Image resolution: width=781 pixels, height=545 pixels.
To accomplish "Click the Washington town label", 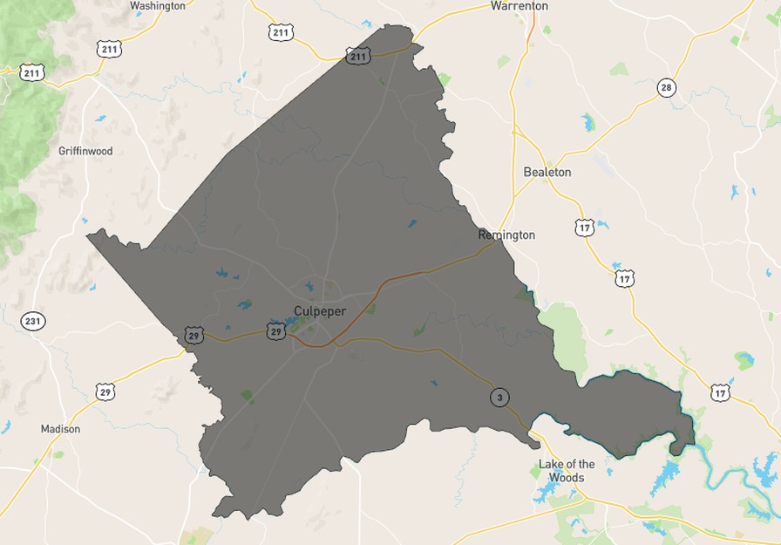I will [158, 6].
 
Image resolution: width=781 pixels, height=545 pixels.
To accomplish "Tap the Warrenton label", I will [520, 6].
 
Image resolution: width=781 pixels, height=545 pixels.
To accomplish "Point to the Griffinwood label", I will [85, 151].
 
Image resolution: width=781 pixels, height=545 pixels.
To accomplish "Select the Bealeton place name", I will [547, 172].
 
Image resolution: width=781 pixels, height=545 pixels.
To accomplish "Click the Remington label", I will [506, 235].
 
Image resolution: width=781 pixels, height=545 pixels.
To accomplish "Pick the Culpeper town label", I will [320, 311].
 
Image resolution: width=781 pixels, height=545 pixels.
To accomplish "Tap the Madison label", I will [61, 429].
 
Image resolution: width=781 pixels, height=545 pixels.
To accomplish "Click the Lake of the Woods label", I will [567, 471].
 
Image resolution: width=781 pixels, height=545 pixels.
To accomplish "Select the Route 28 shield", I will [667, 87].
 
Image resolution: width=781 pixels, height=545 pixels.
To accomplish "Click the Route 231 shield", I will [32, 321].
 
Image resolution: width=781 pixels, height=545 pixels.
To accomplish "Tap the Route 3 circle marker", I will [499, 398].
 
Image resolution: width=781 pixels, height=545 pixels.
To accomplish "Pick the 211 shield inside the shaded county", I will [358, 56].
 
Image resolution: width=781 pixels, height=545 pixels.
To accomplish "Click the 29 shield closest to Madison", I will [105, 392].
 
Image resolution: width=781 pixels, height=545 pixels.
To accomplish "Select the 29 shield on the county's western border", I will [194, 334].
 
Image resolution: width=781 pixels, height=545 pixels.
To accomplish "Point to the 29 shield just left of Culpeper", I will [275, 331].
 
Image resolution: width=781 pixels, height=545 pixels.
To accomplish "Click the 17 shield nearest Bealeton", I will [585, 228].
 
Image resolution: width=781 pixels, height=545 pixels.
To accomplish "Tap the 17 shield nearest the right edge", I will [719, 392].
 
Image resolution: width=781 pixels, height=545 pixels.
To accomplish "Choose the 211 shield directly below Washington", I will [109, 49].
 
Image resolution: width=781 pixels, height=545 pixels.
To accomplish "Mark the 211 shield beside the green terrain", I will [32, 72].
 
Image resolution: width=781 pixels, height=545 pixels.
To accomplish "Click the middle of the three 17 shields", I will [624, 278].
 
